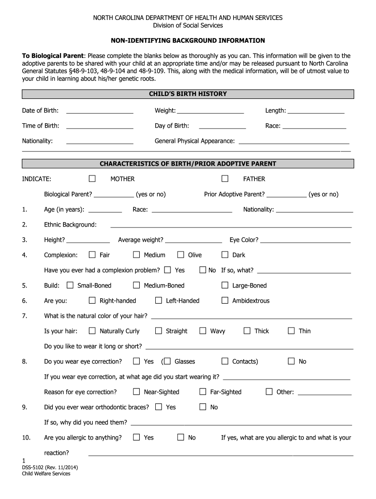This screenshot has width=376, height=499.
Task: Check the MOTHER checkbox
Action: pyautogui.click(x=92, y=179)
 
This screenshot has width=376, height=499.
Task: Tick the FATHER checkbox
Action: pyautogui.click(x=225, y=179)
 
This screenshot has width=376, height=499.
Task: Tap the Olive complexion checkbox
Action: pyautogui.click(x=181, y=254)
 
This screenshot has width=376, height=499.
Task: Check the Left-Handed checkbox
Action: pyautogui.click(x=159, y=300)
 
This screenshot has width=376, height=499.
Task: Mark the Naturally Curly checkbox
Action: pyautogui.click(x=92, y=330)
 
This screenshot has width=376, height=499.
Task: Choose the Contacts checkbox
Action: pyautogui.click(x=225, y=361)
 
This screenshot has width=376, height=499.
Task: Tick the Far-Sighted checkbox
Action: pyautogui.click(x=203, y=391)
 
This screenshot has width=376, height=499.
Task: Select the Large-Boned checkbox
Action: pyautogui.click(x=225, y=285)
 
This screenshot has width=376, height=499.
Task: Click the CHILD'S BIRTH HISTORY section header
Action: pyautogui.click(x=188, y=94)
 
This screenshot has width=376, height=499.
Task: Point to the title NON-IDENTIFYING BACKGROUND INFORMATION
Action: pyautogui.click(x=188, y=40)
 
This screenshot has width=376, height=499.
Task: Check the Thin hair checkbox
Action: pyautogui.click(x=292, y=330)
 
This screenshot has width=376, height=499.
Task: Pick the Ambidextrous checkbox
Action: pyautogui.click(x=225, y=300)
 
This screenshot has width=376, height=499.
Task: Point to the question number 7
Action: pyautogui.click(x=24, y=316)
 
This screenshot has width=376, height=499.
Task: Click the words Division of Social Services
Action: pyautogui.click(x=188, y=25)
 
